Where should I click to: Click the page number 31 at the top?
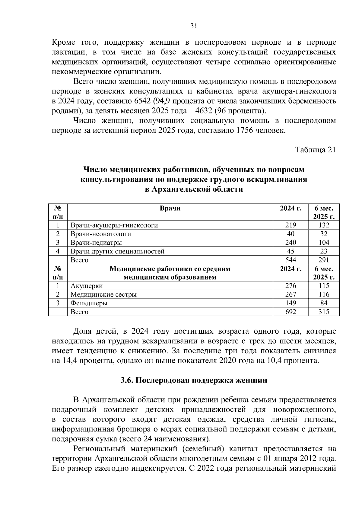(x=193, y=26)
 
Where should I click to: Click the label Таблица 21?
(x=315, y=150)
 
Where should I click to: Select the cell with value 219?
(x=291, y=225)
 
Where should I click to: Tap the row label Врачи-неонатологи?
(x=101, y=234)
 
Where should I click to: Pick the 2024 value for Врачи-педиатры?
(x=291, y=243)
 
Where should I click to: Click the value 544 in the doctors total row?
(x=291, y=260)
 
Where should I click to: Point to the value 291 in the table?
(x=324, y=260)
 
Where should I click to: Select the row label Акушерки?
(x=87, y=286)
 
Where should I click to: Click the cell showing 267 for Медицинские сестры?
(x=291, y=294)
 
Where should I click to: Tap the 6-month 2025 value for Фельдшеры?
(x=324, y=303)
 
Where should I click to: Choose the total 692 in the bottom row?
(x=291, y=312)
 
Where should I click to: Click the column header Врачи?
(x=170, y=208)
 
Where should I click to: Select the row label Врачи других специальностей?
(x=117, y=251)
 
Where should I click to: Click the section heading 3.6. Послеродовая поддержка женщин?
(x=194, y=380)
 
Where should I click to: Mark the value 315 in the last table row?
(x=324, y=312)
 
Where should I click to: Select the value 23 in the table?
(x=324, y=251)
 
